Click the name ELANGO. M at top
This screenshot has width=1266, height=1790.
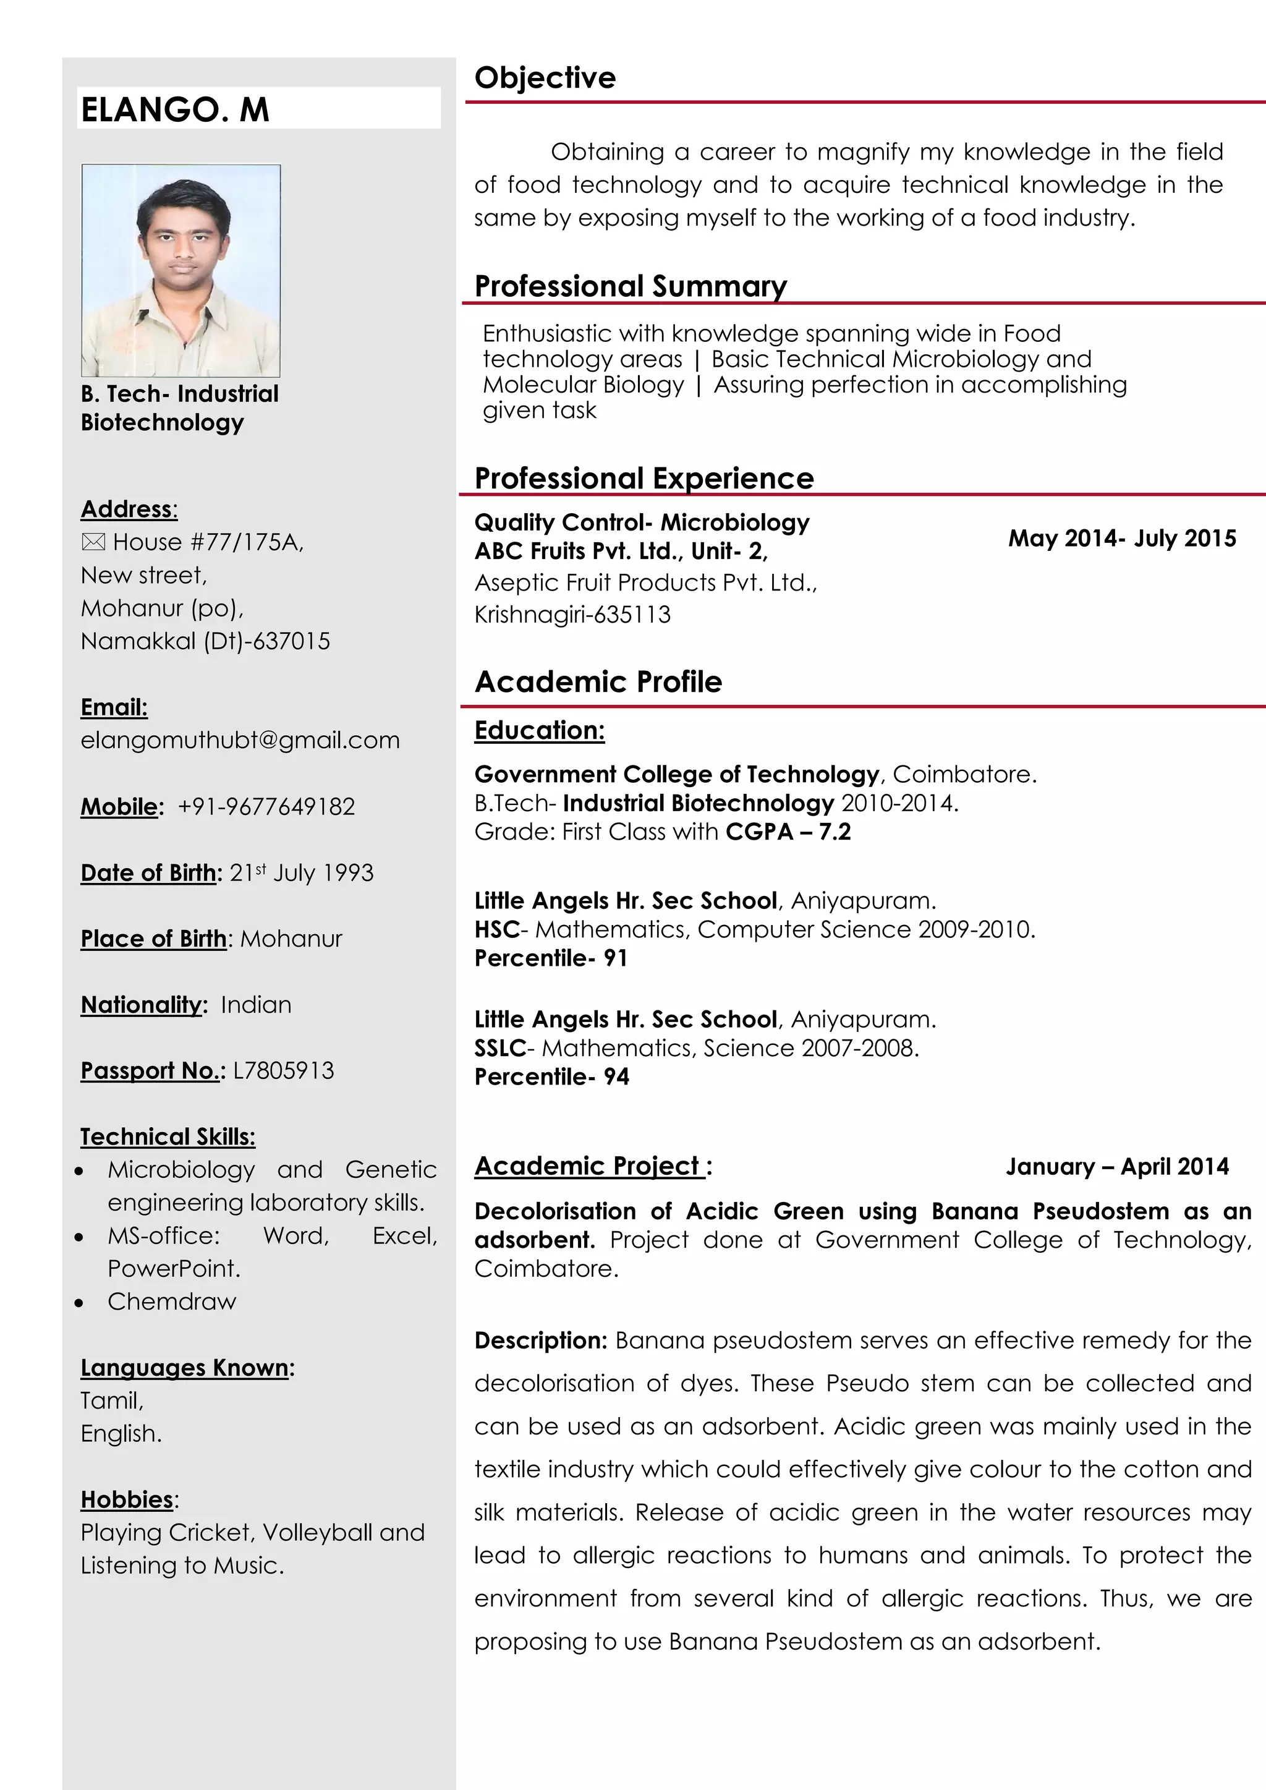pos(176,109)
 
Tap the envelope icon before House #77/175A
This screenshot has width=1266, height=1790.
pos(93,542)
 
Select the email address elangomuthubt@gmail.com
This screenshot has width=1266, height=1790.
pos(240,740)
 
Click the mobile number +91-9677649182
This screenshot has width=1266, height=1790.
pos(266,806)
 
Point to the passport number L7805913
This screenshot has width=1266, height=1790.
pos(283,1070)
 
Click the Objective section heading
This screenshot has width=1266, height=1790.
pos(545,78)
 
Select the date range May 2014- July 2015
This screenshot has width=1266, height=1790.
pos(1122,538)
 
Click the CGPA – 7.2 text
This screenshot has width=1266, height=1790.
pos(788,832)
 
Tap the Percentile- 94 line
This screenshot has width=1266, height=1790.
pos(552,1076)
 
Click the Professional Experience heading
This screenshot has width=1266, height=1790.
pos(644,478)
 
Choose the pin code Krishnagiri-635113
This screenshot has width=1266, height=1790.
pos(572,615)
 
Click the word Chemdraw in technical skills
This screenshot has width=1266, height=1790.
pos(171,1301)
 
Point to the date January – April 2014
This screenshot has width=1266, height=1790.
pos(1116,1166)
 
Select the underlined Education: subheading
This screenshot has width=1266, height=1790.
pos(540,730)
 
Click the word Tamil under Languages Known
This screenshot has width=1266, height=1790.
pos(111,1401)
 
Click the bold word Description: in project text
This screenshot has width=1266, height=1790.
pos(540,1340)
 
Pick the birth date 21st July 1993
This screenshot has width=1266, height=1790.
pos(301,872)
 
